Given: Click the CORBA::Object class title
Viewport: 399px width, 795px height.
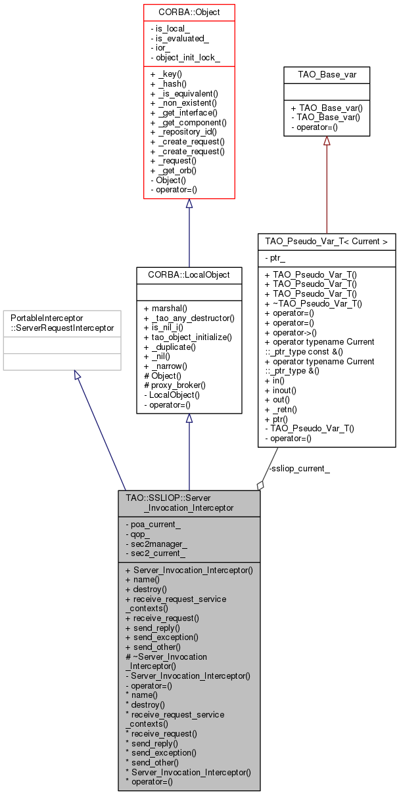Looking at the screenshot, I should [189, 12].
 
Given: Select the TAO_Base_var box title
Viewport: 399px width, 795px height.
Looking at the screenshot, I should [327, 74].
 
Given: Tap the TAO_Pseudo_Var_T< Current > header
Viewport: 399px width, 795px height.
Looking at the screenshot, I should [327, 242].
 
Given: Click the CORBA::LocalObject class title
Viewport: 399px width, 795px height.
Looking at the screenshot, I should [189, 274].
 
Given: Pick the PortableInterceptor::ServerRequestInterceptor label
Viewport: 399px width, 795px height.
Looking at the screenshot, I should [62, 322].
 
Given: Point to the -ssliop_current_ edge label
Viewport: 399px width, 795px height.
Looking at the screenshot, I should [300, 468].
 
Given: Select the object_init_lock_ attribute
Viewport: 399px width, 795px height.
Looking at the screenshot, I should [185, 58].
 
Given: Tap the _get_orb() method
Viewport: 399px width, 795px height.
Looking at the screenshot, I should [174, 170].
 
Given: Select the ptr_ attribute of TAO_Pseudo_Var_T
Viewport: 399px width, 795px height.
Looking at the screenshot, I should [275, 259].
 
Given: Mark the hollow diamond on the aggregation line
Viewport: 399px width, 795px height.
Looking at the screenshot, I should [260, 485].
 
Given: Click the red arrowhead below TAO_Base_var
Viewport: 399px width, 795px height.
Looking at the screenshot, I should [327, 141].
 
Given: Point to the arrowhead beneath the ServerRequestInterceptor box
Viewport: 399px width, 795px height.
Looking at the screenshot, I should [78, 376].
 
